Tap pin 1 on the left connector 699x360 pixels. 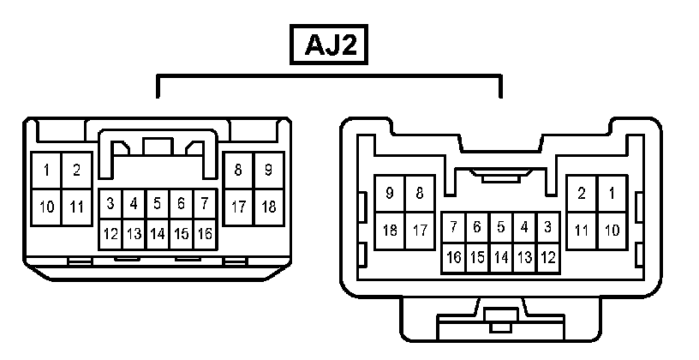click(46, 171)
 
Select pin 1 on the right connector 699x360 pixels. click(612, 194)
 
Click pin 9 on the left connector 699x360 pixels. click(268, 171)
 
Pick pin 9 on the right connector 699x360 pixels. click(390, 194)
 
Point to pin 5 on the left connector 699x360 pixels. click(158, 204)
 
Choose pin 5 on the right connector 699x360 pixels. click(501, 227)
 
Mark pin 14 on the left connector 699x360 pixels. click(158, 233)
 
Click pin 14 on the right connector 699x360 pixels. click(501, 256)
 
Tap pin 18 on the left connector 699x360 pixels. click(268, 207)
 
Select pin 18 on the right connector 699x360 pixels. click(390, 230)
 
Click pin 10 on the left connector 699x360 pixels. click(46, 207)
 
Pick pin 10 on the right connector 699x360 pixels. click(612, 230)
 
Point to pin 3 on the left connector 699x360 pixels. click(111, 204)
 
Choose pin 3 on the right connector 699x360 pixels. click(548, 227)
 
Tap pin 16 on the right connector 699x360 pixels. click(454, 256)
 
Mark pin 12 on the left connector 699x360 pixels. click(111, 233)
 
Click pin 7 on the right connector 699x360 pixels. click(454, 227)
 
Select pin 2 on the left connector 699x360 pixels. click(76, 171)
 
